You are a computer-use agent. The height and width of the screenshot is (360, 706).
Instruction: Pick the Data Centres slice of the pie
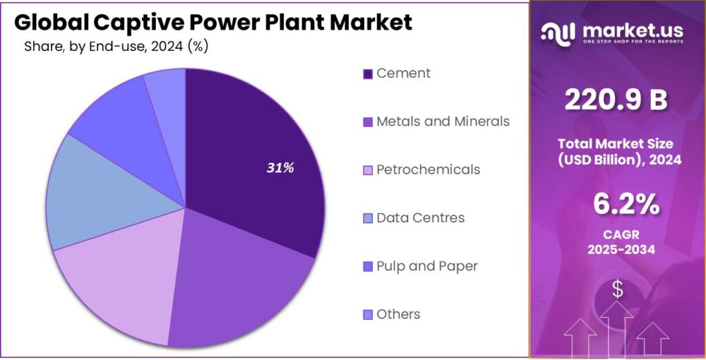97,193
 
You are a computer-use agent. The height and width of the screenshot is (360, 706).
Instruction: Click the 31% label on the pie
281,168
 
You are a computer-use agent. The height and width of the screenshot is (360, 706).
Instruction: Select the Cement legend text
403,73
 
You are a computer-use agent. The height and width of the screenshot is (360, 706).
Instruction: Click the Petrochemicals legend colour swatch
368,170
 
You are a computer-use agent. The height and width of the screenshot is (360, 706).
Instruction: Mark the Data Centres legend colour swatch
368,219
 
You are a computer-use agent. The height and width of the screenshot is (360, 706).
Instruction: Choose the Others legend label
399,314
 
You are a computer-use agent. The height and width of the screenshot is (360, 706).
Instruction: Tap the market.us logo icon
558,32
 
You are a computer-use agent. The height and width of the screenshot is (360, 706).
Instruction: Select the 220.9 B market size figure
616,101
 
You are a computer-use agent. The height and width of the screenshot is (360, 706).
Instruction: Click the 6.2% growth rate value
616,206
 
